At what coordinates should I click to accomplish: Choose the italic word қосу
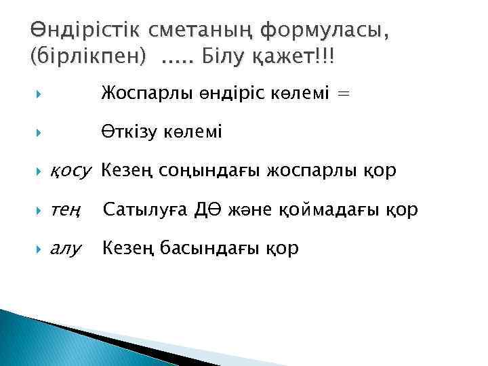(70, 171)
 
